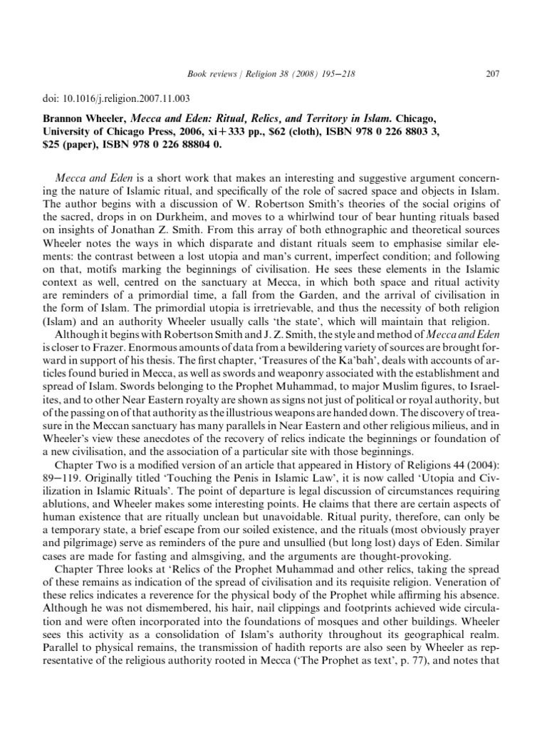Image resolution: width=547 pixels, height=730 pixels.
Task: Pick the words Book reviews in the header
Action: pos(209,73)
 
